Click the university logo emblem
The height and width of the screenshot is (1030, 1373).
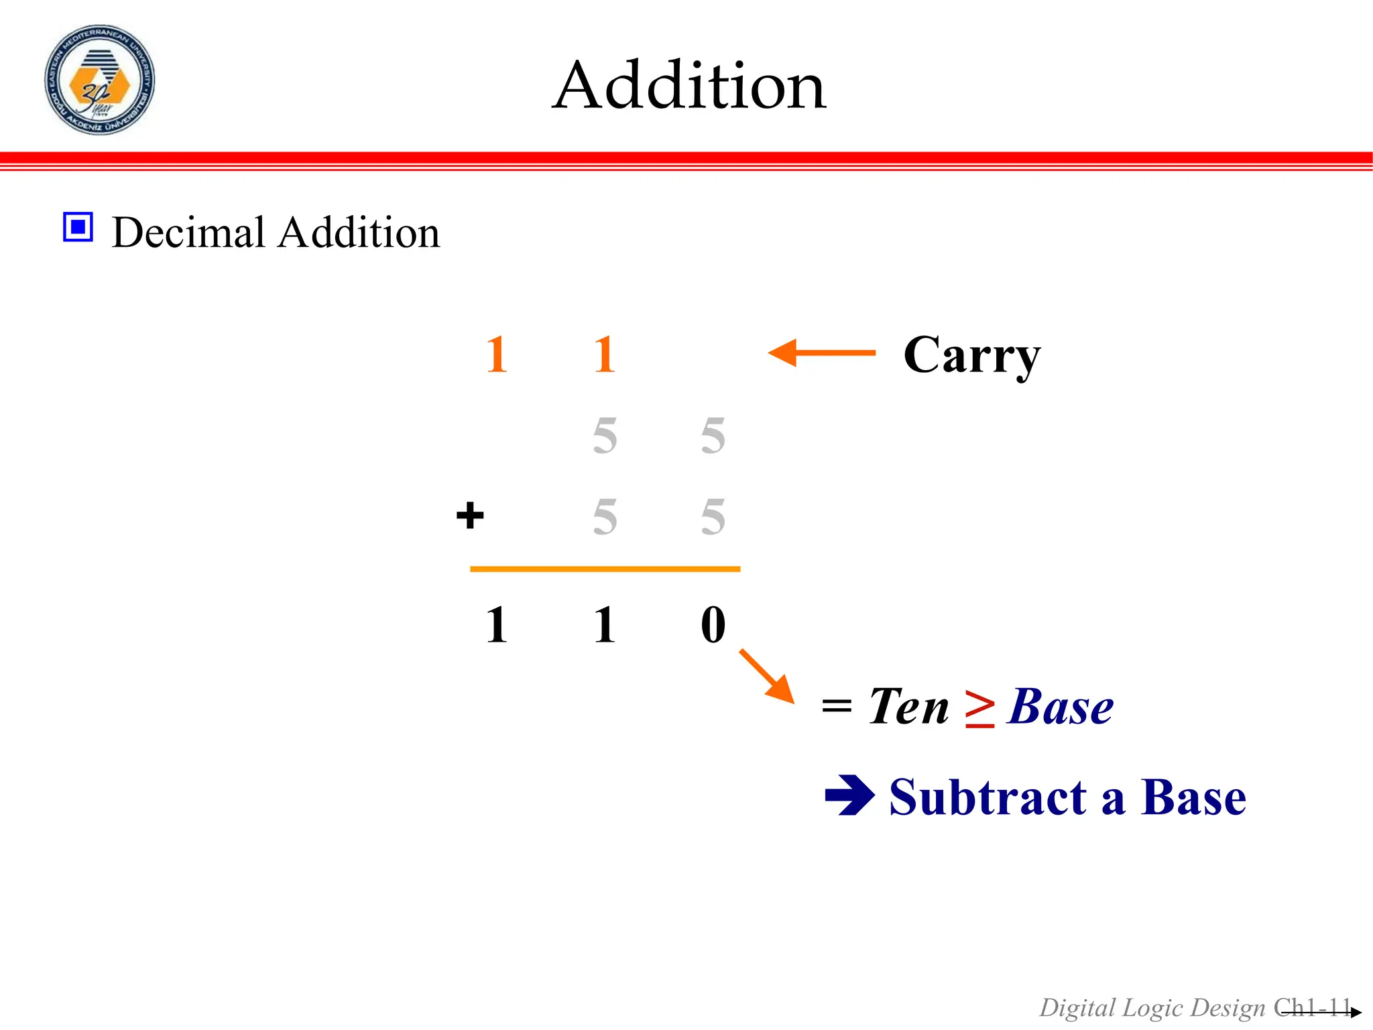tap(99, 80)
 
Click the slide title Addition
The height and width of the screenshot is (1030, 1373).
tap(689, 85)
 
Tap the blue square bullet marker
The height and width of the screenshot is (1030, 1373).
tap(78, 227)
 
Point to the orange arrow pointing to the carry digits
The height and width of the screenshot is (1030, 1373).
tap(821, 353)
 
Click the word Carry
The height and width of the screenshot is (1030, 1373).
tap(971, 355)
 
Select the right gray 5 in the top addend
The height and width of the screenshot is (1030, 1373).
tap(713, 436)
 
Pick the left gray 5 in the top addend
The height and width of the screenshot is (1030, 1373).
tap(605, 436)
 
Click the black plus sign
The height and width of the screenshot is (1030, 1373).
tap(469, 516)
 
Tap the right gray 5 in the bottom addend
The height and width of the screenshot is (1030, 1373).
tap(713, 517)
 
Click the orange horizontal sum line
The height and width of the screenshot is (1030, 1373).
tap(605, 569)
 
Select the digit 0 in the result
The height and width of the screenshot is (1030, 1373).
tap(713, 624)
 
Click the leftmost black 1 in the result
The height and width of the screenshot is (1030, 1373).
tap(496, 624)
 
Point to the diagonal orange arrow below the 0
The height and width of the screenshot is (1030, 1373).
tap(767, 676)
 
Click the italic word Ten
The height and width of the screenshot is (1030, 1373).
tap(908, 707)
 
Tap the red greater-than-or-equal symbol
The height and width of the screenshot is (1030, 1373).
tap(979, 708)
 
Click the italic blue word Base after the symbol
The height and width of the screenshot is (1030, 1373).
tap(1060, 707)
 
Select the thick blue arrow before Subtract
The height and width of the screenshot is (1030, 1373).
tap(849, 796)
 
